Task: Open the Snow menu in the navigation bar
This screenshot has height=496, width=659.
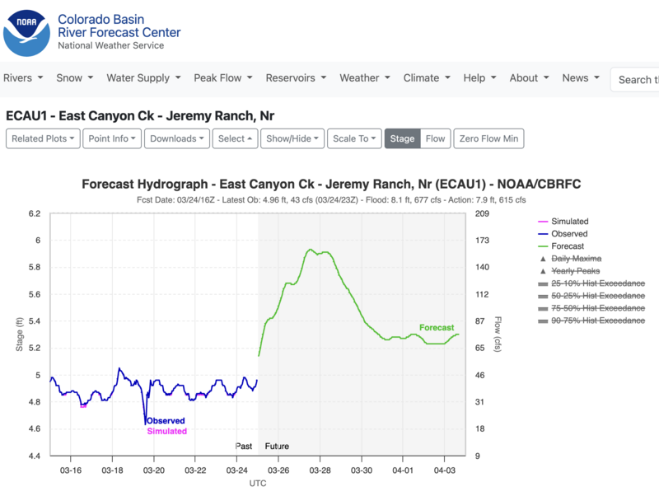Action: point(74,78)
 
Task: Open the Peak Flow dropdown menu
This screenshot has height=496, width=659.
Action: point(222,78)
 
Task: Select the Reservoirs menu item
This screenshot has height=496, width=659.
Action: point(295,78)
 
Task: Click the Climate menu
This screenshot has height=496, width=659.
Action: point(426,78)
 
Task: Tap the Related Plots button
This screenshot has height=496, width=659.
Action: point(44,138)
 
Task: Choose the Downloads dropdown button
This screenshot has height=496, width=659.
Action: point(177,138)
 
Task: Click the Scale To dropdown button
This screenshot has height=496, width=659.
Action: point(354,138)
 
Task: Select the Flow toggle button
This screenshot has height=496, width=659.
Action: point(436,138)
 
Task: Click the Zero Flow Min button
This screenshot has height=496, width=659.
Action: point(488,138)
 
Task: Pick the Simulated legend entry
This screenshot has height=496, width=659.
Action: point(569,222)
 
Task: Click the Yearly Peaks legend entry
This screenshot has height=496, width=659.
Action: point(575,271)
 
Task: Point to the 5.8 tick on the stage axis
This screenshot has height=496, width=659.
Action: point(33,268)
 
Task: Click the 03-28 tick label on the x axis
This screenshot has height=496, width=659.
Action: point(320,470)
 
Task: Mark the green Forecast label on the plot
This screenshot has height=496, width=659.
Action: point(437,328)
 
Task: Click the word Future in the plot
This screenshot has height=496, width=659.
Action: point(277,447)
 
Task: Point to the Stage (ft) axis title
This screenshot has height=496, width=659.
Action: point(19,335)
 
